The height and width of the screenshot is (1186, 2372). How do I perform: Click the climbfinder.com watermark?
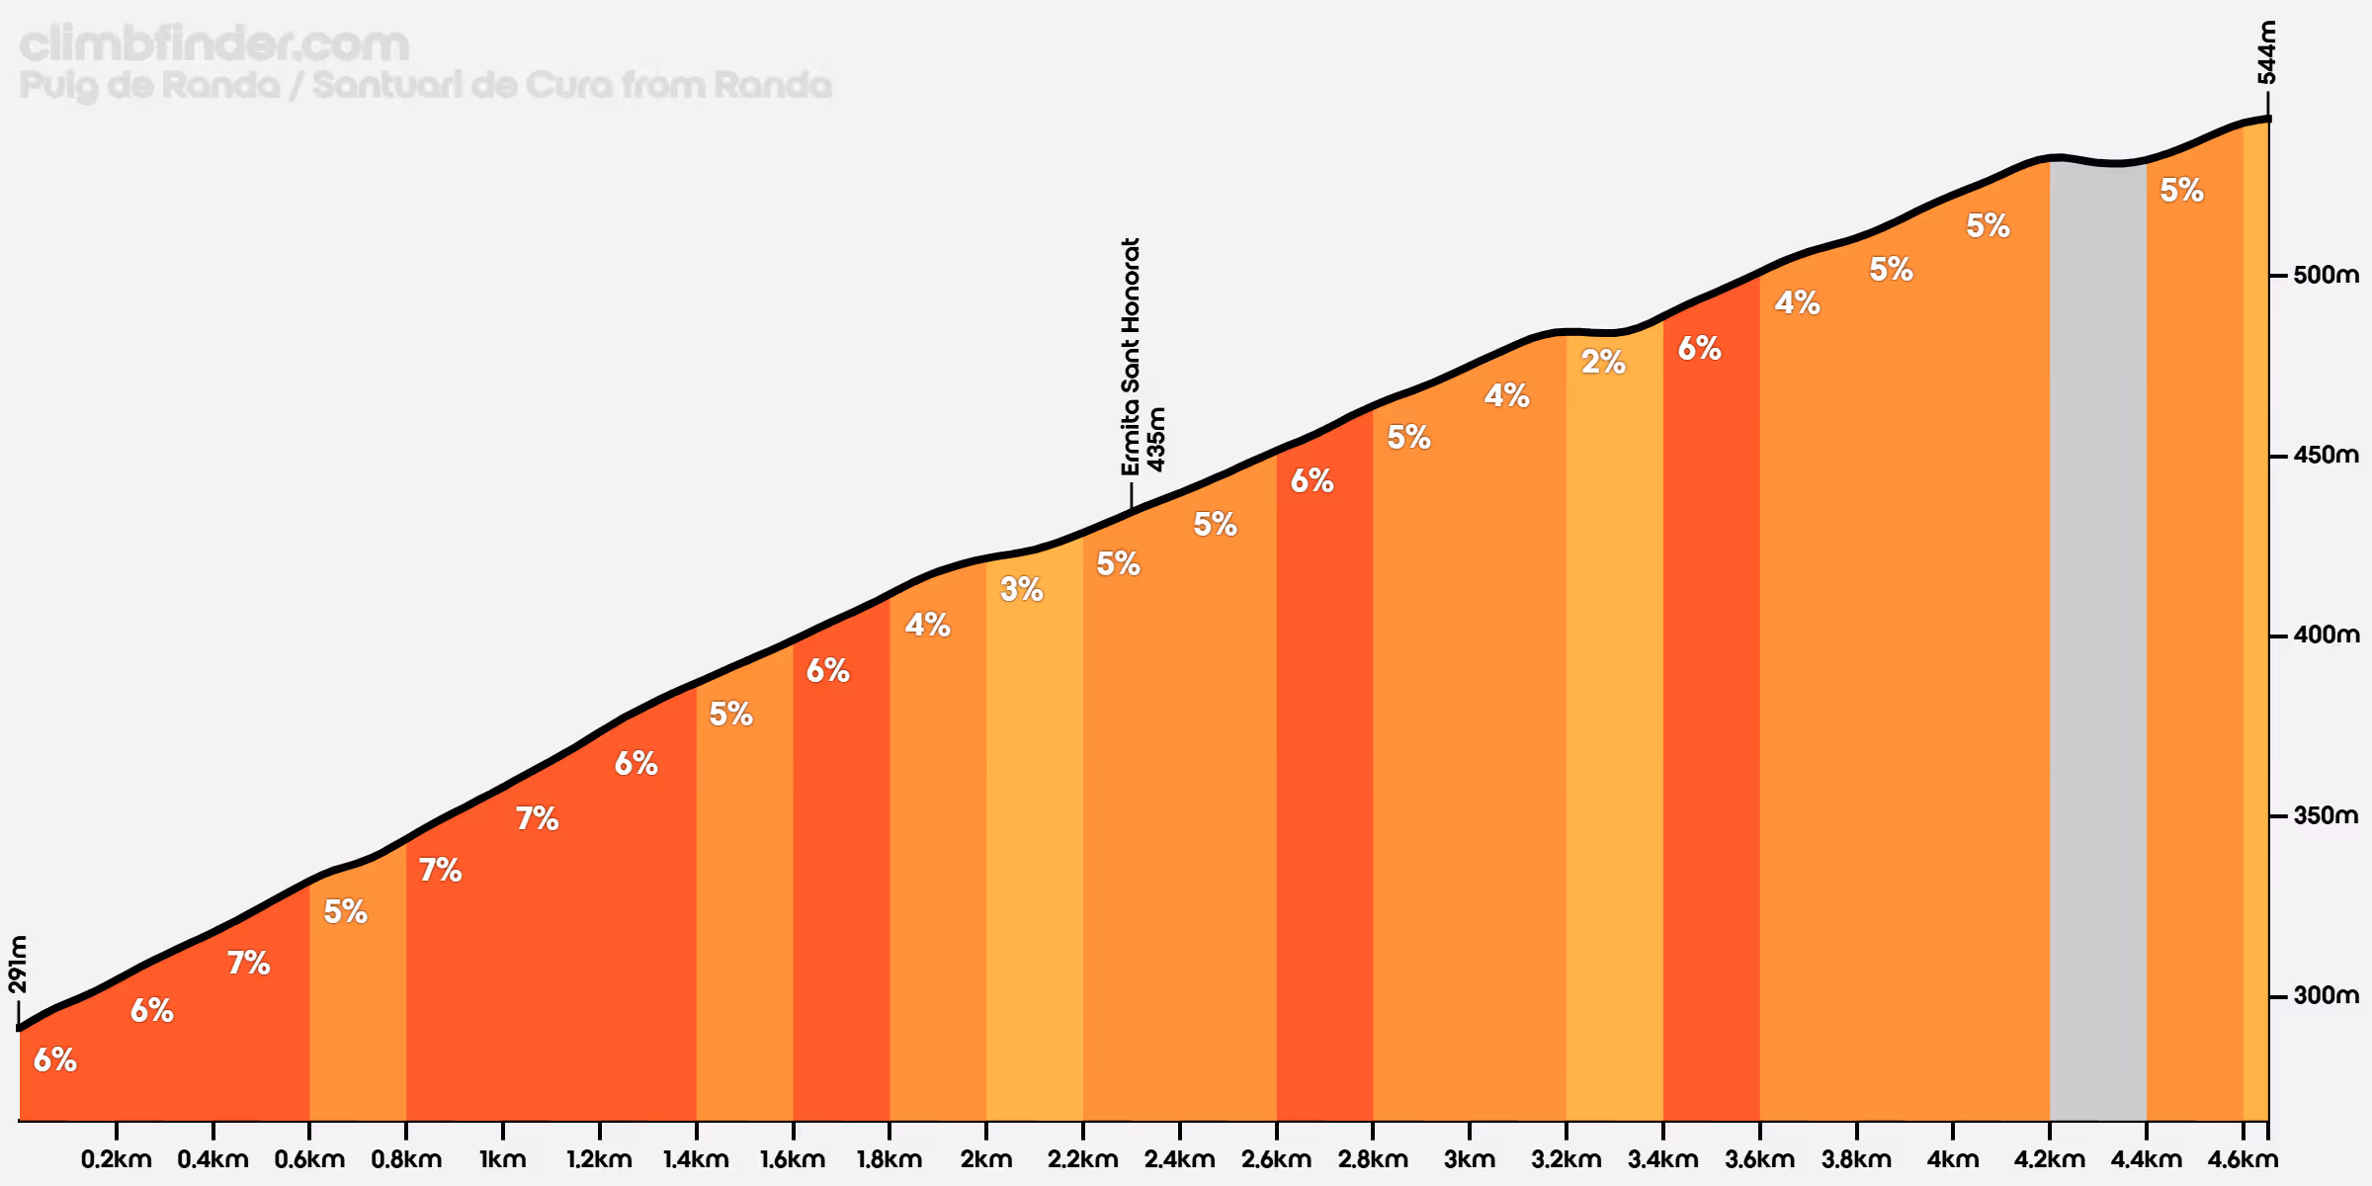(x=213, y=44)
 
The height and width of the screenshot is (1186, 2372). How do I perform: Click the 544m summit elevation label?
(x=2266, y=52)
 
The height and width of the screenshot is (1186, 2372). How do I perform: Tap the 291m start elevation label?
(x=18, y=964)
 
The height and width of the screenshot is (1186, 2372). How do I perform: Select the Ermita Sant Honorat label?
(x=1131, y=356)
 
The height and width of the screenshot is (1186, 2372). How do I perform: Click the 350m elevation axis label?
(x=2326, y=815)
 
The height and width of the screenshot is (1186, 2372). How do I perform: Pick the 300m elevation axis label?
(x=2326, y=995)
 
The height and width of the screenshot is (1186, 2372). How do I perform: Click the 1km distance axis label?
(x=502, y=1158)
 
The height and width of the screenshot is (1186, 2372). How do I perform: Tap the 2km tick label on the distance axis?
(x=985, y=1158)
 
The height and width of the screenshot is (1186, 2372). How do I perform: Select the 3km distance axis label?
(x=1469, y=1158)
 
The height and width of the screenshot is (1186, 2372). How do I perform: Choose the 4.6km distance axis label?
(x=2242, y=1158)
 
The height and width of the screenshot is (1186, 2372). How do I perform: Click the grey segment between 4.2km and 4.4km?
(x=2097, y=642)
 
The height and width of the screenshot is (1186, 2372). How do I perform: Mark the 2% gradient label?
(x=1603, y=362)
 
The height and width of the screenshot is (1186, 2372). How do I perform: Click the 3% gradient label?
(x=1021, y=589)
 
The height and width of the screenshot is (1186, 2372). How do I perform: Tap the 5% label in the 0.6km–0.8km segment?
(x=345, y=911)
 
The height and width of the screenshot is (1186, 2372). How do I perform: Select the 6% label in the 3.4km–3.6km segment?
(x=1699, y=348)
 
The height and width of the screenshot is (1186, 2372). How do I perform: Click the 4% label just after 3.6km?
(x=1797, y=302)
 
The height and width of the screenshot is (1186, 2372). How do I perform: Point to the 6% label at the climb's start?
(x=54, y=1059)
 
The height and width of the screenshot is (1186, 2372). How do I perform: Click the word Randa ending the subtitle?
(x=772, y=85)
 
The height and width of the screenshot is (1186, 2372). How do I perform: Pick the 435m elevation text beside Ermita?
(x=1156, y=440)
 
